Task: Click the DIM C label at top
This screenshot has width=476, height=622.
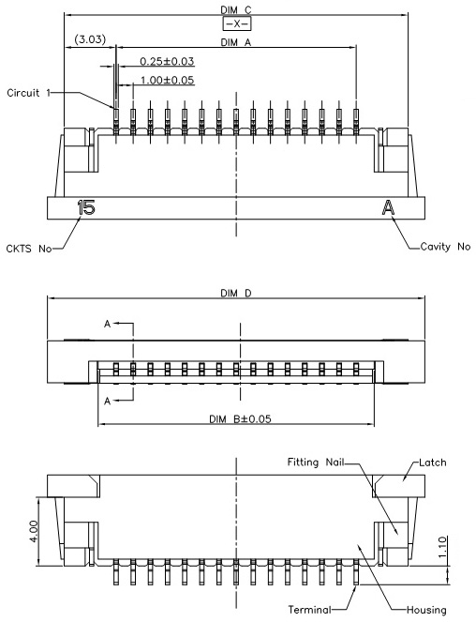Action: [236, 9]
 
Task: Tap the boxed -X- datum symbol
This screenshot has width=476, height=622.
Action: [237, 23]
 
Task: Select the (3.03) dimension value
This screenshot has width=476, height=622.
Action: [90, 39]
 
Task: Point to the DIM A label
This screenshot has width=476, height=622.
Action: [236, 42]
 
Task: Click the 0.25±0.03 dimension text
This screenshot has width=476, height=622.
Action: [167, 62]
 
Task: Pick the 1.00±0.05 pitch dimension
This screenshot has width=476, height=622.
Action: [167, 81]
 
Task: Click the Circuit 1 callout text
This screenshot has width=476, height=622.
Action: [29, 93]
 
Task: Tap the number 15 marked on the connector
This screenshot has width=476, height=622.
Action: [86, 207]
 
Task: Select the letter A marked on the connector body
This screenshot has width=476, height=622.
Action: [389, 207]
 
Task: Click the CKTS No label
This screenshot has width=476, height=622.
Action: [29, 249]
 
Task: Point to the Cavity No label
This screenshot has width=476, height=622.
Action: [445, 247]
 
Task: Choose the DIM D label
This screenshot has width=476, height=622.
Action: [236, 293]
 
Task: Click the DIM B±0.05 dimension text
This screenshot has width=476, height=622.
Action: [240, 419]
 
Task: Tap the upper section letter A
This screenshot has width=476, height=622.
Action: [107, 324]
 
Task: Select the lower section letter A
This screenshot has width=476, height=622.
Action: [107, 402]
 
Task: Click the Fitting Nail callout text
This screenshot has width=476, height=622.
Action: [316, 463]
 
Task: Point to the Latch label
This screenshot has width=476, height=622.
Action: [432, 463]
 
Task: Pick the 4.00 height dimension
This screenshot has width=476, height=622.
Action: [34, 532]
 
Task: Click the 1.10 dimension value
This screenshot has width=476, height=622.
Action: [442, 547]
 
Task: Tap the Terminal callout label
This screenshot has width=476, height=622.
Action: [309, 609]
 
